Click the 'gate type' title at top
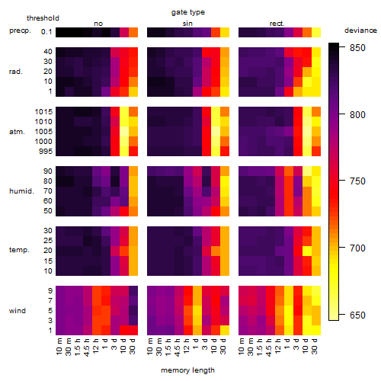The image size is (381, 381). pos(188,12)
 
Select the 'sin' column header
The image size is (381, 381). pos(187,24)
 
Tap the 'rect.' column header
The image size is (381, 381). pos(277,24)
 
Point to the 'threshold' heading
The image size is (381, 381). pos(43,18)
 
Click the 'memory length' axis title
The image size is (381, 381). pos(187,370)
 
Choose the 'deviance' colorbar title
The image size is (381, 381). pos(360,30)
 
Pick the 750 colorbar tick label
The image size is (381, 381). pos(357,181)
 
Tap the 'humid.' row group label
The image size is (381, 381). pos(21,191)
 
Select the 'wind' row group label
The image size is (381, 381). pos(18,311)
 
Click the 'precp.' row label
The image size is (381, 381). pos(20,30)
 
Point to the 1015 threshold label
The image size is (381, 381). pos(43,111)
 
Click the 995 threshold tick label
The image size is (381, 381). pos(46,152)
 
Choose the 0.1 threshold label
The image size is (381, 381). pos(46,32)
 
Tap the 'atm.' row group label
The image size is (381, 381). pos(17,132)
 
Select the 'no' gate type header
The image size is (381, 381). pos(98,24)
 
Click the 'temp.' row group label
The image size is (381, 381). pos(19,250)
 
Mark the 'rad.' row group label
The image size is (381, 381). pos(16,72)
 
